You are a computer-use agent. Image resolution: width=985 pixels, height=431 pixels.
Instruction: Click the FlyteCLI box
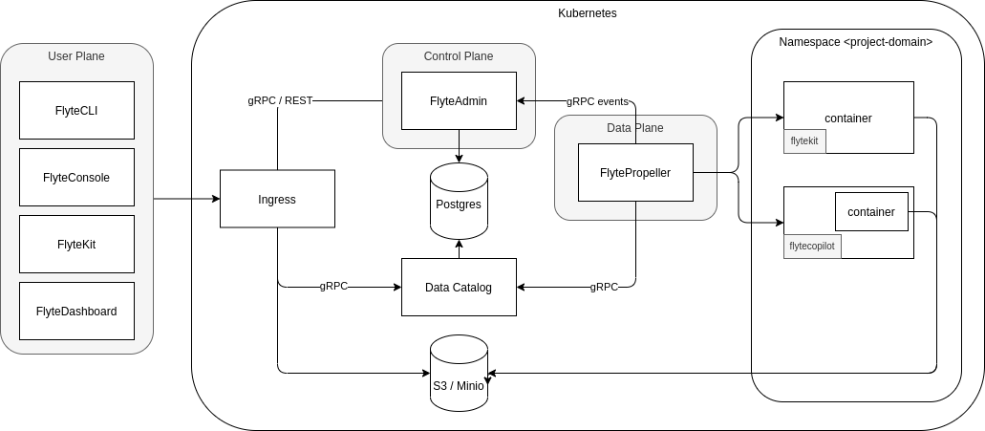(76, 110)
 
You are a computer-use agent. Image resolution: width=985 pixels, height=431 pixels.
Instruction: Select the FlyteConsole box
(76, 177)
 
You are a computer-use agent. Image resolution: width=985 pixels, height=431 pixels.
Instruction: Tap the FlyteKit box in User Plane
(76, 244)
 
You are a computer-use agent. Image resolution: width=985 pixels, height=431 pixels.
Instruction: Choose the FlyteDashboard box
(76, 311)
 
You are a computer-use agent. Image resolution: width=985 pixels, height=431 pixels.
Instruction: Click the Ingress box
(277, 199)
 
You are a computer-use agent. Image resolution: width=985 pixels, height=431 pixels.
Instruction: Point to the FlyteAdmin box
(459, 100)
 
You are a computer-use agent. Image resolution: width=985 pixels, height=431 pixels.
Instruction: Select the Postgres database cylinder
(459, 205)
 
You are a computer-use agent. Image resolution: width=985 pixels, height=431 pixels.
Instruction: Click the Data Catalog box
(459, 287)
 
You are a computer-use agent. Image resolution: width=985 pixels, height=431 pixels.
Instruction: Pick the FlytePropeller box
(635, 172)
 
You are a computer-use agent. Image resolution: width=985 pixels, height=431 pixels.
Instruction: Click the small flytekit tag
(804, 140)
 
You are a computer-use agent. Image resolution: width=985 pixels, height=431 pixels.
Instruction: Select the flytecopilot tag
(812, 246)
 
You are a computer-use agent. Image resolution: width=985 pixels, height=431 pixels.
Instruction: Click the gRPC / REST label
(279, 100)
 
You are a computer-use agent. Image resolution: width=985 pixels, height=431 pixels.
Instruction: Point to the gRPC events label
(597, 100)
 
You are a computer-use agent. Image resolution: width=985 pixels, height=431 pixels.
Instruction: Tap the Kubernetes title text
(587, 13)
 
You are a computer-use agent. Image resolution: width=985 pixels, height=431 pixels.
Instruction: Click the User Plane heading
(76, 56)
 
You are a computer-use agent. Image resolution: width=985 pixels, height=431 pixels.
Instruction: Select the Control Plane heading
(459, 56)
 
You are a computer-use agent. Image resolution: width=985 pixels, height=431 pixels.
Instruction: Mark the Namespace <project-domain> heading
(855, 42)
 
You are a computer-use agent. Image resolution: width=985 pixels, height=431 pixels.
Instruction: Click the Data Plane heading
(634, 127)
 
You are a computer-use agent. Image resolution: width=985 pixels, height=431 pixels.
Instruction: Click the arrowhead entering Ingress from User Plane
(215, 199)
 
